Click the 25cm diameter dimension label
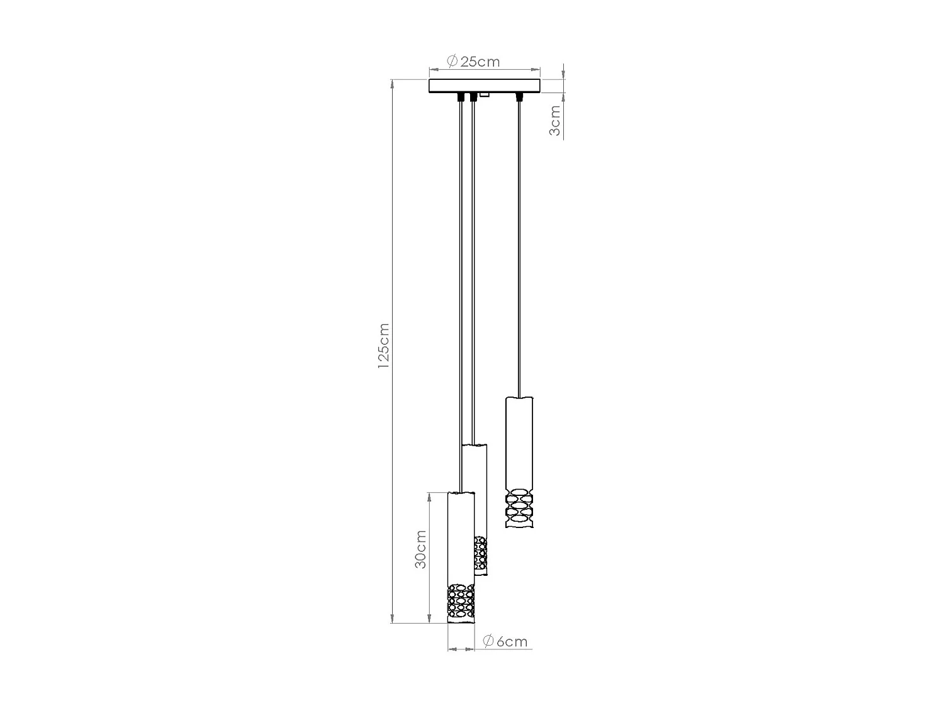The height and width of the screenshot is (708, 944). tap(480, 62)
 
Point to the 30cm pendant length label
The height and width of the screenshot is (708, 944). tap(420, 549)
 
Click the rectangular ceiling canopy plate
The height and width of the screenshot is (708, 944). tap(484, 86)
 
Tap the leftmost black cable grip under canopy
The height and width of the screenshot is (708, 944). tap(462, 97)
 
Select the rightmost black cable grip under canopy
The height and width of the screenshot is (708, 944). tap(519, 97)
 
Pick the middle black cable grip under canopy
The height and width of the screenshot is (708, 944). tap(473, 97)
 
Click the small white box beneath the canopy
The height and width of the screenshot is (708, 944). tap(485, 95)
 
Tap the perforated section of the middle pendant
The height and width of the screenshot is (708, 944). tap(481, 552)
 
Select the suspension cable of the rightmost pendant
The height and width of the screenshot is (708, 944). tap(519, 252)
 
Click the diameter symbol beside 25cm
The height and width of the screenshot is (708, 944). tap(452, 61)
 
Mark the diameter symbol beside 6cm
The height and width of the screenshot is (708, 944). tap(487, 641)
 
